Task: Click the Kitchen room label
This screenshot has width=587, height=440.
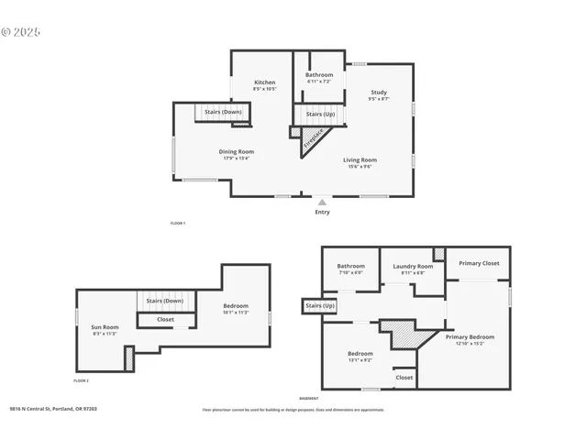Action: tap(264, 82)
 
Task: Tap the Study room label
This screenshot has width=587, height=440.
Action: tap(379, 92)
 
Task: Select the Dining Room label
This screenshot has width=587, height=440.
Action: tap(236, 151)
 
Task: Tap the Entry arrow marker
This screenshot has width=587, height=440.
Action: tap(322, 203)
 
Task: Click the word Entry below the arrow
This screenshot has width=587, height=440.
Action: tap(322, 213)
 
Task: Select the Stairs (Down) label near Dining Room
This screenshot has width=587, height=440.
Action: tap(223, 112)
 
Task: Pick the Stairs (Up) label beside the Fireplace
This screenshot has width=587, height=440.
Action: tap(320, 115)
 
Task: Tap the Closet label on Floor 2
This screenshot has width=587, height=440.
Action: tap(165, 320)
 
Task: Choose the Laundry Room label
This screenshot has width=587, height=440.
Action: tap(412, 266)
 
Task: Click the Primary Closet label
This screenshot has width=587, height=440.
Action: tap(479, 263)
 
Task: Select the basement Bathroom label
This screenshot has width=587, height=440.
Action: tap(350, 266)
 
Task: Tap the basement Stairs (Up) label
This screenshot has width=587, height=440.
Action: tap(319, 305)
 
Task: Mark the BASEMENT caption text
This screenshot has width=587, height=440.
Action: tap(309, 398)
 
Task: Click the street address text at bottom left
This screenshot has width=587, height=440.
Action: tap(53, 410)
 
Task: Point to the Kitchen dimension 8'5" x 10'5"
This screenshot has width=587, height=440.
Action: tap(264, 89)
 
